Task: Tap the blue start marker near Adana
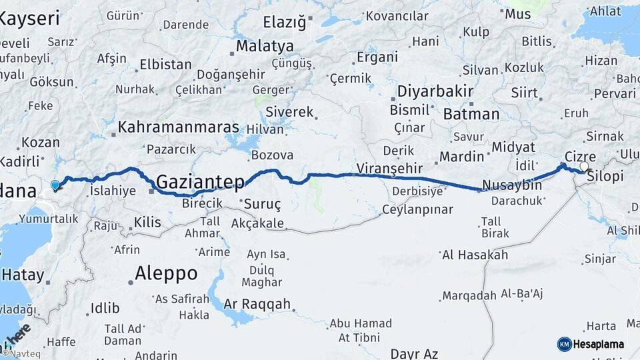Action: [55, 185]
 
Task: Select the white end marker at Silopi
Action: [585, 167]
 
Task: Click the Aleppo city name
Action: [166, 273]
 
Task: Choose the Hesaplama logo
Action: [591, 344]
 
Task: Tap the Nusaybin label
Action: [511, 185]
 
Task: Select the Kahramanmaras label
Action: [179, 127]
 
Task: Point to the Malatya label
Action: [265, 47]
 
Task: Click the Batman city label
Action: [471, 114]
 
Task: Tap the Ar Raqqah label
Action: [257, 304]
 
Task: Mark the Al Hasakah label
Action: [475, 255]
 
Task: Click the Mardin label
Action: [461, 157]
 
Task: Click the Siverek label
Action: [289, 112]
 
